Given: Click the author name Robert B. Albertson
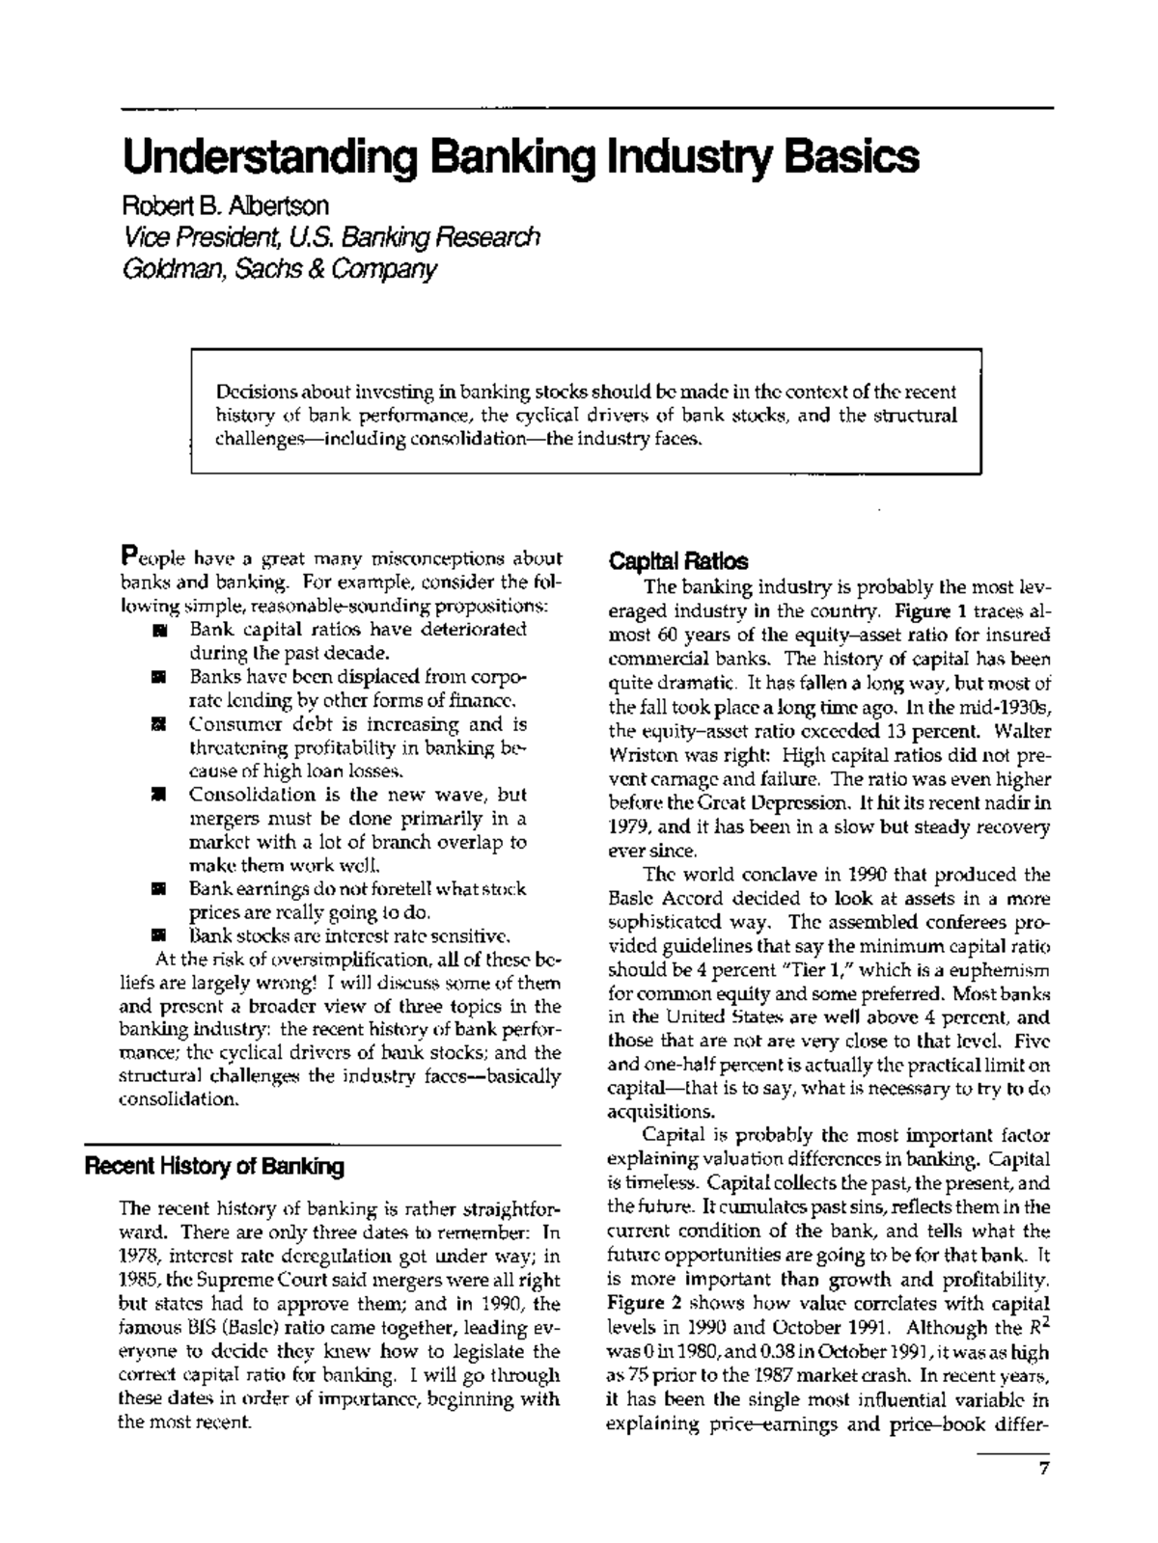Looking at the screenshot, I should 224,205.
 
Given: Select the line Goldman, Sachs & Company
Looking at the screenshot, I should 279,268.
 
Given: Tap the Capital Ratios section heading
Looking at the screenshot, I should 677,561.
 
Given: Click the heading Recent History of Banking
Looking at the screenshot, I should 214,1167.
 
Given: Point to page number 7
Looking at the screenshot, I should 1043,1469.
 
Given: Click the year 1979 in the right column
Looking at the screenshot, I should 625,827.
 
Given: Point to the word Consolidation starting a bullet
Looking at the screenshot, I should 252,796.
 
